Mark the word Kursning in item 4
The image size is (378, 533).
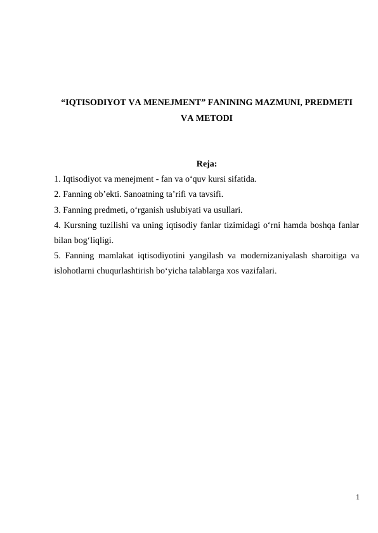coord(81,225)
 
